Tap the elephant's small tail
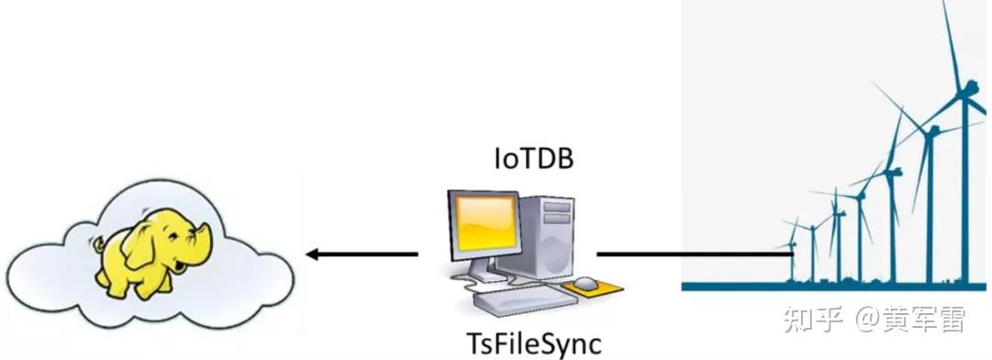[x=96, y=246]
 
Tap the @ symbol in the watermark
[x=866, y=321]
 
